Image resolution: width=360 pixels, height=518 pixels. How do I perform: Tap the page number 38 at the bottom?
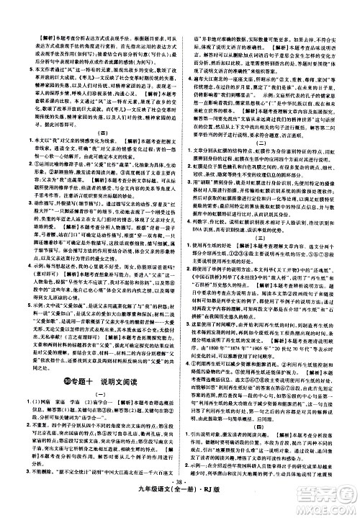181,496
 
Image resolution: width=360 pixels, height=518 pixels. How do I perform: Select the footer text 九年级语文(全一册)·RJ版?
180,506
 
